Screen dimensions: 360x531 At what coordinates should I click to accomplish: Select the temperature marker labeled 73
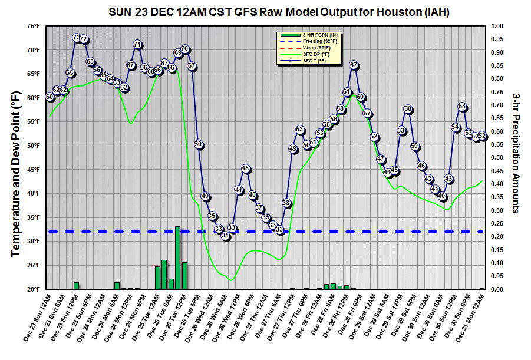tap(77, 38)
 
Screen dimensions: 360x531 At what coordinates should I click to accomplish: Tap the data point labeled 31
tap(225, 236)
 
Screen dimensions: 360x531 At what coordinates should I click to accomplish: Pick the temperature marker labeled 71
tap(137, 44)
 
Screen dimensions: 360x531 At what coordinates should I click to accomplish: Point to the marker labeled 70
tap(184, 49)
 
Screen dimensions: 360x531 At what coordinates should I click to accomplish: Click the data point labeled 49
tap(293, 149)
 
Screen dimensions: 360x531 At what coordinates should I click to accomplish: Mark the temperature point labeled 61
tap(347, 92)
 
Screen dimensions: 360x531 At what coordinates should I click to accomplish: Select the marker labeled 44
tap(388, 173)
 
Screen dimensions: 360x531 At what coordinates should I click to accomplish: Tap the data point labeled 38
tap(286, 203)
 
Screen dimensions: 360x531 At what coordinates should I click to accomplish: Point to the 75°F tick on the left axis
tap(33, 26)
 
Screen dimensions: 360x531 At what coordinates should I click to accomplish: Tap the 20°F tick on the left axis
tap(33, 289)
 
